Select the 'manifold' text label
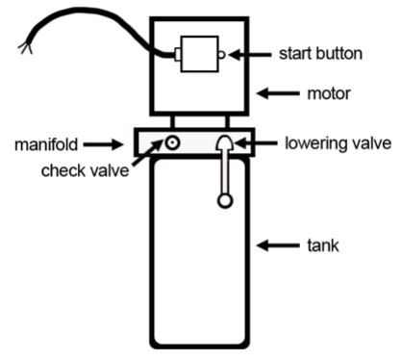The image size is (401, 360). (x=44, y=145)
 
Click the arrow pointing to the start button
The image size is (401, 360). (x=249, y=55)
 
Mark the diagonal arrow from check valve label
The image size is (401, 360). (x=144, y=162)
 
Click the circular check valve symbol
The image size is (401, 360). (x=173, y=144)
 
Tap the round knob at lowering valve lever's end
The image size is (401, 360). (x=225, y=200)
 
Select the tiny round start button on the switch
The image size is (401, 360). (x=222, y=55)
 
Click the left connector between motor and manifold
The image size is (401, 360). (x=174, y=122)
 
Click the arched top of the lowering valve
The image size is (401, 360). (x=225, y=141)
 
